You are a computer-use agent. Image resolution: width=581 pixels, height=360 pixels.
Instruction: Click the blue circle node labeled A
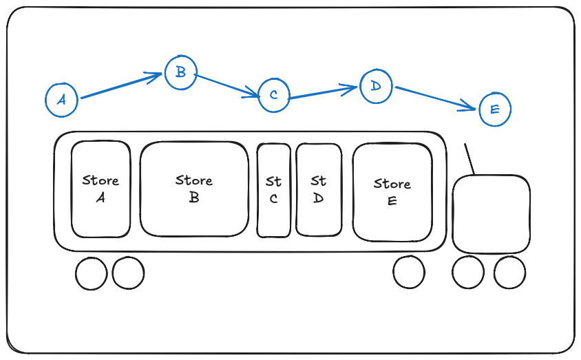pos(62,99)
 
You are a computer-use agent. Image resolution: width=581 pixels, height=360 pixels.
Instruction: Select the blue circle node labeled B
pos(180,72)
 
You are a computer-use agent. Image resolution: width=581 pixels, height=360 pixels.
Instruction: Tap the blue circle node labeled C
pos(274,95)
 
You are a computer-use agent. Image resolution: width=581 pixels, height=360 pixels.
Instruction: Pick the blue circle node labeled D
pos(375,85)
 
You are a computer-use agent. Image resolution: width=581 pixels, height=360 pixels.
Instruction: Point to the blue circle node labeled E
pos(494,109)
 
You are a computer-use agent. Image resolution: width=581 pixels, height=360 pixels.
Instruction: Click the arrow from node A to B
pos(121,87)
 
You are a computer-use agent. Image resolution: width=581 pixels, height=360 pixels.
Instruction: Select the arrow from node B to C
pos(227,85)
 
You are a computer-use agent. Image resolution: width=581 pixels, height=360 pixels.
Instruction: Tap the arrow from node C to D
pos(324,92)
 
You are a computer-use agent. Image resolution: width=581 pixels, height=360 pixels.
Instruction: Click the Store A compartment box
pos(101,189)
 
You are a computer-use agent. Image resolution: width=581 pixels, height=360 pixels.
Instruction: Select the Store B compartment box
pos(194,189)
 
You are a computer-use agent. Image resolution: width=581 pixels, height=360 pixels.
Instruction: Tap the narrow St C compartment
pos(274,191)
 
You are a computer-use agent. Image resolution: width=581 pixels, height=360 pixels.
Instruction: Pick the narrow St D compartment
pos(318,189)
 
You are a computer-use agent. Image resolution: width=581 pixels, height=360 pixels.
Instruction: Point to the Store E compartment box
pos(392,192)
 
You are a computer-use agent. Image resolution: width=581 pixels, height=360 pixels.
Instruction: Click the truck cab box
pos(492,213)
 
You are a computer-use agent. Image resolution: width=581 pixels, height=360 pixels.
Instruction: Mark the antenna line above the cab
pos(469,159)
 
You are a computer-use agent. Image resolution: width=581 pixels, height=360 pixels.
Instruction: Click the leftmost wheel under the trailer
pos(92,273)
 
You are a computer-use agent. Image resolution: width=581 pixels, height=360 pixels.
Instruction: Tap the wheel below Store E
pos(409,272)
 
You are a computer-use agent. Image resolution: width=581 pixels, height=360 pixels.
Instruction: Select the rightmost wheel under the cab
pos(509,273)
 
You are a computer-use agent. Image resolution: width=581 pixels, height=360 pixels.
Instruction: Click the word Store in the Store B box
pos(194,180)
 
